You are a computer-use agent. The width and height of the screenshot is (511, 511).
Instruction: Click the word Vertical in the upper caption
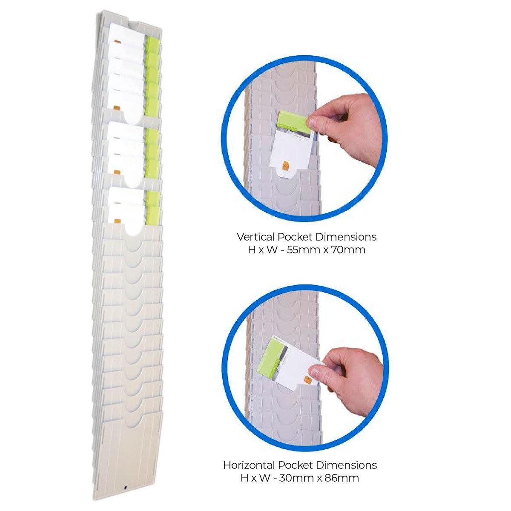click(253, 237)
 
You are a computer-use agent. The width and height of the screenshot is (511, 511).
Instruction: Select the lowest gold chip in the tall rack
click(118, 221)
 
